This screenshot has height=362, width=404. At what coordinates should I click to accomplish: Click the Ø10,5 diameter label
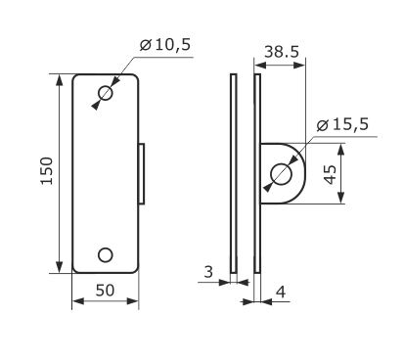[165, 45]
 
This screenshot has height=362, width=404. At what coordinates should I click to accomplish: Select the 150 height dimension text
[47, 171]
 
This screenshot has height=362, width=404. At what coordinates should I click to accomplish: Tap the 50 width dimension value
[105, 290]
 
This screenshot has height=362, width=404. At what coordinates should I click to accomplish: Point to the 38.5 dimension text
[282, 52]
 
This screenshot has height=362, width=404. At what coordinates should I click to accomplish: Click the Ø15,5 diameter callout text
[342, 124]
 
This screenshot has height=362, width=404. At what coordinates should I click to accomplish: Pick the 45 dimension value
[331, 175]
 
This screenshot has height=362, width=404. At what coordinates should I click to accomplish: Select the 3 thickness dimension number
[208, 271]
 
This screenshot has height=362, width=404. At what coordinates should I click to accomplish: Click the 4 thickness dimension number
[281, 292]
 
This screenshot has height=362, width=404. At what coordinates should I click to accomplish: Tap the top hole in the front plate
[106, 94]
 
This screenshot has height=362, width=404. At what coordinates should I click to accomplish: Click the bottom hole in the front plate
[106, 255]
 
